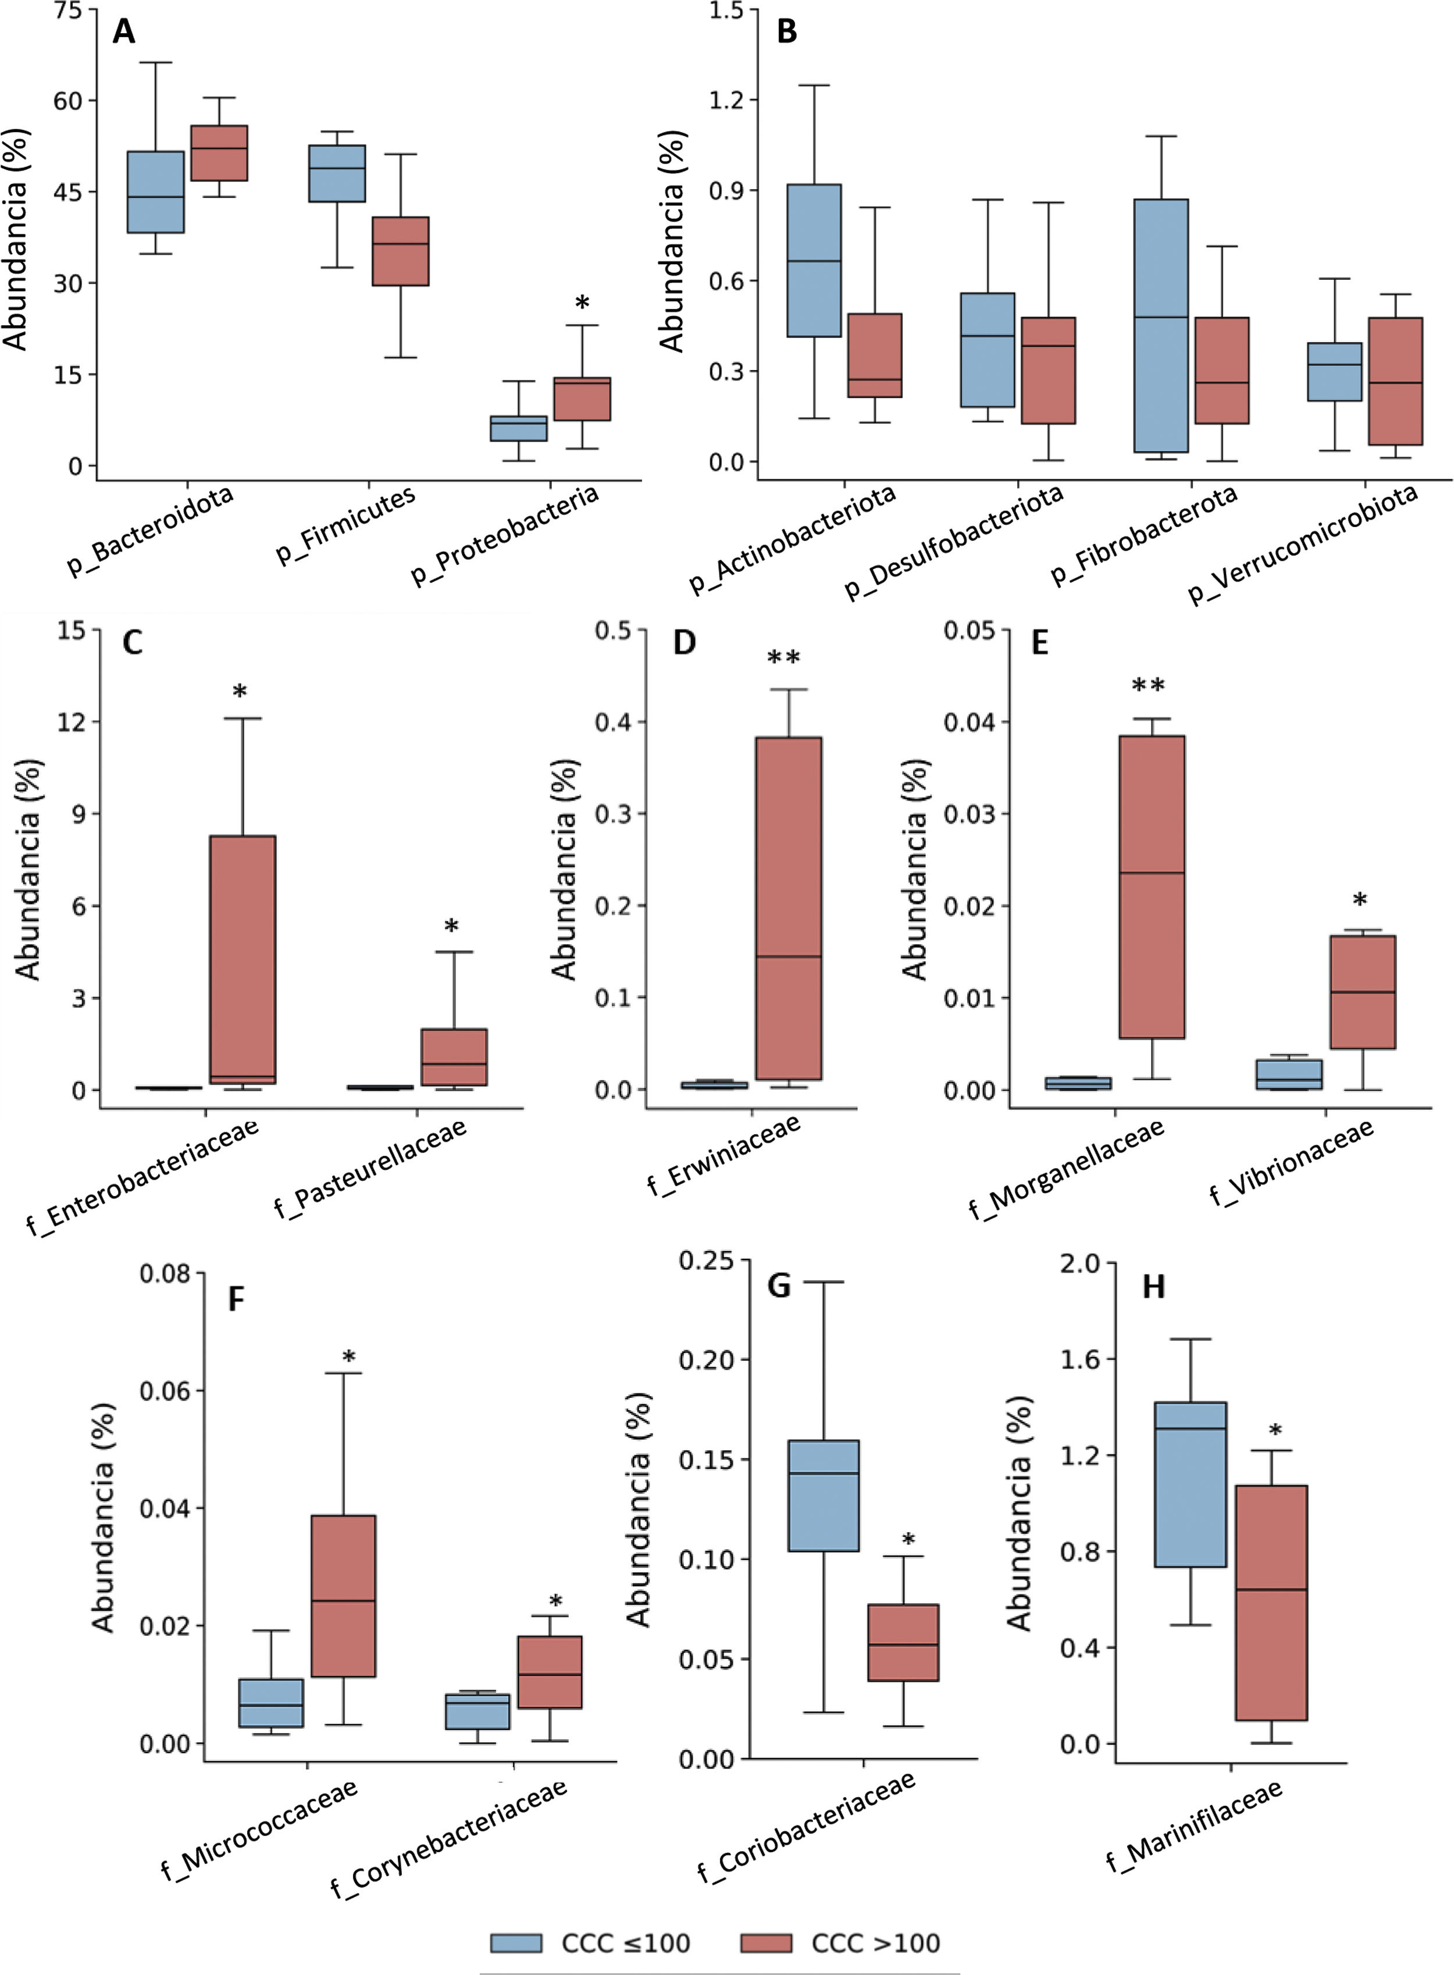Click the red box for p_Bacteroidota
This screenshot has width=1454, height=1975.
point(219,153)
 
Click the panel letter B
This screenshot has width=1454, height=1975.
point(787,31)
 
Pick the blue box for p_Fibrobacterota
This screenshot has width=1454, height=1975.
point(1161,326)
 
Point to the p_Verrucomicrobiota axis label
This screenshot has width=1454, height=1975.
point(1303,543)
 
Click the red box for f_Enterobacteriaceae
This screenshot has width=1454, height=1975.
point(242,959)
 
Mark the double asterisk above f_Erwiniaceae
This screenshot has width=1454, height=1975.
point(783,659)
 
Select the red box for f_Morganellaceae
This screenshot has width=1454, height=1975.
point(1151,887)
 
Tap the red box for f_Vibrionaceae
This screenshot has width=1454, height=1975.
point(1363,992)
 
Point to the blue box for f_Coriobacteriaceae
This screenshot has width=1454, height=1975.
point(824,1495)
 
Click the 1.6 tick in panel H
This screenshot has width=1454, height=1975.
point(1080,1360)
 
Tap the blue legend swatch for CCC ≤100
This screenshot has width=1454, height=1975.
point(516,1942)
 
